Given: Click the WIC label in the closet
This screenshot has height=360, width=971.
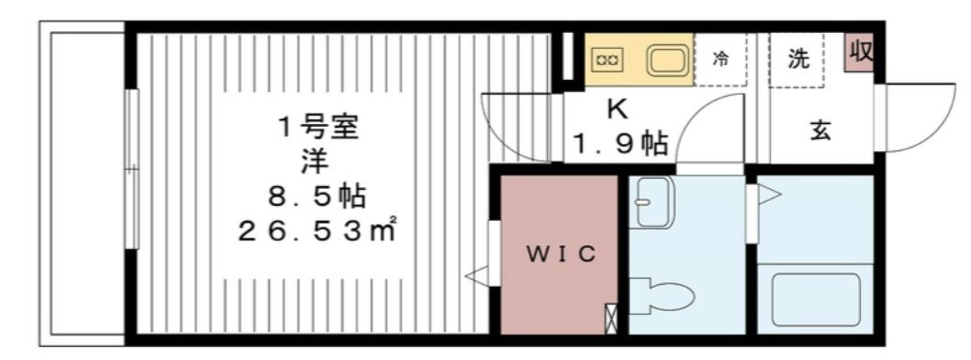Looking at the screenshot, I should pos(559,255).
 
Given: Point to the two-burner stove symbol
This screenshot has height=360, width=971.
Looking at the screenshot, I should pos(605,59).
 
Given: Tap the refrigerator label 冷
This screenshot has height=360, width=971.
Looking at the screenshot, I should pos(720,59).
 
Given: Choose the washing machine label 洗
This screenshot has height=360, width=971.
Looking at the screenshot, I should pos(798,59).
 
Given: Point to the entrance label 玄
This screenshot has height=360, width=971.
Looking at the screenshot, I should pos(821,132).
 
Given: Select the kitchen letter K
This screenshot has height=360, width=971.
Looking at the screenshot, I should pos(617,109).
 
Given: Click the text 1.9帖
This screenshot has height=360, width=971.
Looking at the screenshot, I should pos(621,143).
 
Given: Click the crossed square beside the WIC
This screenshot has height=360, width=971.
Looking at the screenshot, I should pos(613,318).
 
